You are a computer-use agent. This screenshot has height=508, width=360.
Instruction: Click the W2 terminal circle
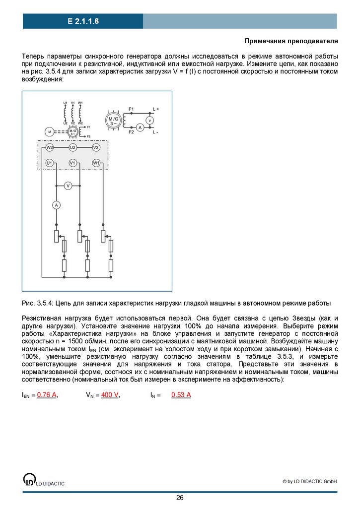coord(49,147)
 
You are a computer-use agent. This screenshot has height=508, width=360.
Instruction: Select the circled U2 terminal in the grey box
coord(72,147)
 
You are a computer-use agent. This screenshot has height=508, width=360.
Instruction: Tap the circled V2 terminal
coord(96,147)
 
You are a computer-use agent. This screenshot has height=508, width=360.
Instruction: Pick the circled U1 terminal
coord(49,163)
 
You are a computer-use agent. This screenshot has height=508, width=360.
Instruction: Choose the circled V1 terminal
coord(72,163)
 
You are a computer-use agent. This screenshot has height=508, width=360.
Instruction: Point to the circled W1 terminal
coord(96,163)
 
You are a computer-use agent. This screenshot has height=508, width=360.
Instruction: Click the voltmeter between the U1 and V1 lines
coord(69,185)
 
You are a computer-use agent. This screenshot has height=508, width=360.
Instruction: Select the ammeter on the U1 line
coord(57,205)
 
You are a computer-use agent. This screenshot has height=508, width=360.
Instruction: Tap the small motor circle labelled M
coord(49,131)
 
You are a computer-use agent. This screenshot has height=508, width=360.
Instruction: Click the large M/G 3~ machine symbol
coord(114,120)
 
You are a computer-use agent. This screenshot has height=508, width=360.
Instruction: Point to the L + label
coord(155,108)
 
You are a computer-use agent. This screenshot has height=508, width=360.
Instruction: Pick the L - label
coord(155,132)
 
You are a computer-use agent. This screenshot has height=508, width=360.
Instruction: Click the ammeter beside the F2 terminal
coord(140,127)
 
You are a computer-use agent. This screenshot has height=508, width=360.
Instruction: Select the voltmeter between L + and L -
coord(151,120)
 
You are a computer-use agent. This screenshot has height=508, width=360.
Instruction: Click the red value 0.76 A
coord(47,395)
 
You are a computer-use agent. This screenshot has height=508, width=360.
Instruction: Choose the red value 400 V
coord(110,395)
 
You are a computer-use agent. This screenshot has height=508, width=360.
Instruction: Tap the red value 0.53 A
coord(181,395)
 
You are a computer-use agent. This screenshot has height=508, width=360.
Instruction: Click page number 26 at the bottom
coord(180,498)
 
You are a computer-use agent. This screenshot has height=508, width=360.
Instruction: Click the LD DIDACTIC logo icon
coord(29,479)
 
